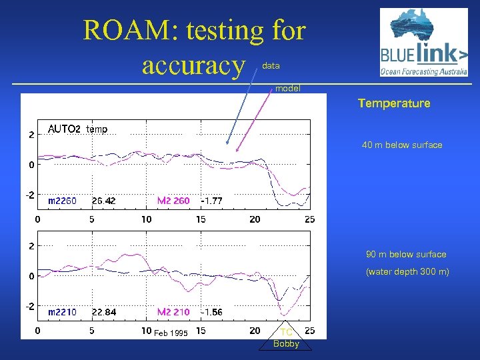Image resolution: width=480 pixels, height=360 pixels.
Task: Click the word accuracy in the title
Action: (x=193, y=65)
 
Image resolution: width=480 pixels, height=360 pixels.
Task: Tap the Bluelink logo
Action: (x=423, y=43)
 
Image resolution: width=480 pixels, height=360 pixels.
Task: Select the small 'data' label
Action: (x=271, y=66)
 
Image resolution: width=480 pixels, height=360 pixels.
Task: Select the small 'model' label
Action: (x=288, y=88)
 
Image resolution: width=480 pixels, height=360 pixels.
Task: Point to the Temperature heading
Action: (x=394, y=103)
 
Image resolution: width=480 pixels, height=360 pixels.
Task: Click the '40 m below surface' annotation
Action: (x=402, y=145)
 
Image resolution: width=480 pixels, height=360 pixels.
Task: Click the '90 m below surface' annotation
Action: (x=406, y=254)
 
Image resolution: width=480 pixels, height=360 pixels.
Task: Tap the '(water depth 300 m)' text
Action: (x=407, y=271)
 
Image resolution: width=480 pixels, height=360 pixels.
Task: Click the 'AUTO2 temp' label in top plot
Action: (x=77, y=129)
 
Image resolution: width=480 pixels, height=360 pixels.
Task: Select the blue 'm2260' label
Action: (x=62, y=201)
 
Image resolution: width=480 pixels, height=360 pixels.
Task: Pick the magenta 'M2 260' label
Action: (x=173, y=201)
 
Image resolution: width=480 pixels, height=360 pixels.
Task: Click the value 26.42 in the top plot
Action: (x=103, y=201)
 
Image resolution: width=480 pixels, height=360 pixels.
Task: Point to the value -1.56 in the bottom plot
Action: (x=211, y=312)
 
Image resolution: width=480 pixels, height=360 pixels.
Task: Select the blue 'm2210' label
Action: (x=62, y=312)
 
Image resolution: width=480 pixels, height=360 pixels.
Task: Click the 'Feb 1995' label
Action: (x=171, y=333)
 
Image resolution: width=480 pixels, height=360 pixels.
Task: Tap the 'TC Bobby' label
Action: (x=287, y=338)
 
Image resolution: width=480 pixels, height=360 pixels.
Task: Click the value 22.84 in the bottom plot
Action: (x=103, y=312)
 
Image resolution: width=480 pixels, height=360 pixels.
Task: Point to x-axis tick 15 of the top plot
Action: (x=201, y=219)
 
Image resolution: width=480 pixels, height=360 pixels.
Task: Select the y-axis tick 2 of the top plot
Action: (x=31, y=135)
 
